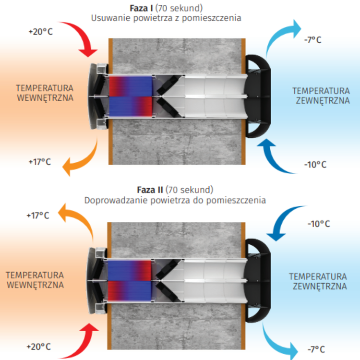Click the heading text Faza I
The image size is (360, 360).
tap(142, 8)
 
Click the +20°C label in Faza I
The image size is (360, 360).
tap(40, 32)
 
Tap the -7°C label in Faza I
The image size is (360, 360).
tap(313, 40)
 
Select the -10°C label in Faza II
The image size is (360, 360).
tap(318, 224)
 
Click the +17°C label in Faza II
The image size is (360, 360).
tap(37, 216)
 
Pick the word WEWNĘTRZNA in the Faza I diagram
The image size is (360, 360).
tap(45, 98)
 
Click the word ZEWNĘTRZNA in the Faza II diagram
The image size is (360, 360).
tap(318, 287)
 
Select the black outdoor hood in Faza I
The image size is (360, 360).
tap(259, 96)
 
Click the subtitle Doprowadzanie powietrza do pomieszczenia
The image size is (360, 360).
tap(175, 200)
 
